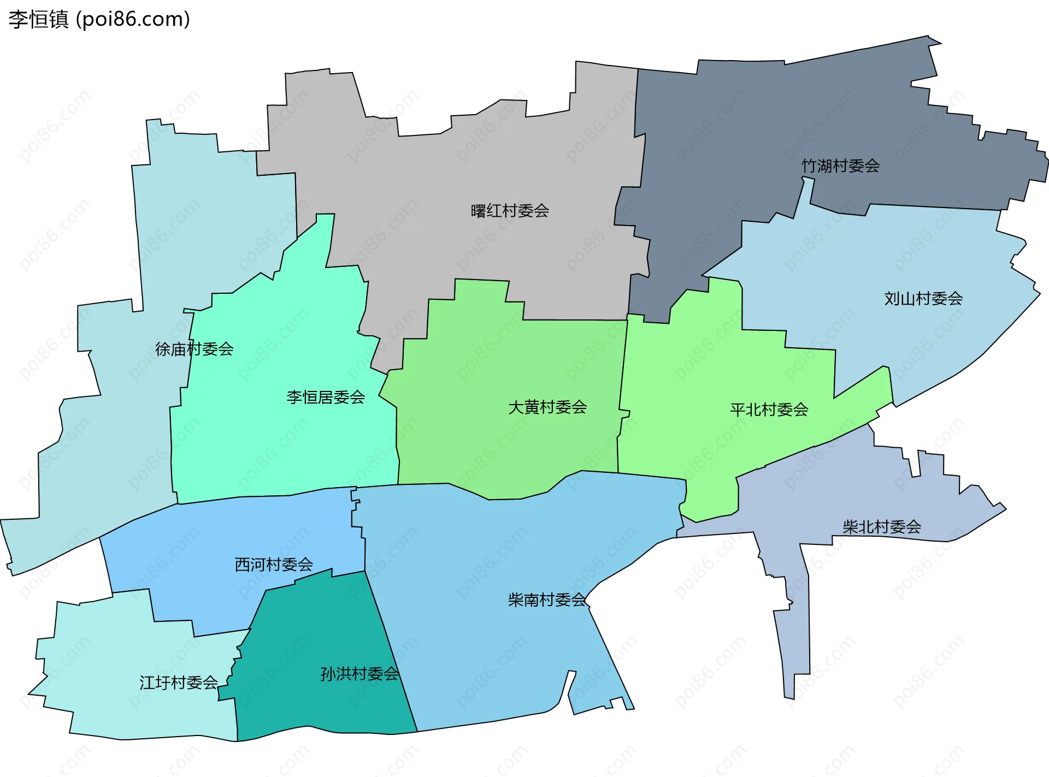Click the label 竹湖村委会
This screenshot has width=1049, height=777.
(x=840, y=166)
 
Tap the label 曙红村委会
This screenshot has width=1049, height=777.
(x=510, y=211)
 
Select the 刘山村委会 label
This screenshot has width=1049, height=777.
(x=923, y=299)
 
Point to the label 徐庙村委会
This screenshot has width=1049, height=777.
(x=194, y=349)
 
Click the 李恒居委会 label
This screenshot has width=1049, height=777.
(x=326, y=397)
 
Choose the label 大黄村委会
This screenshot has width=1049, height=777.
(x=547, y=407)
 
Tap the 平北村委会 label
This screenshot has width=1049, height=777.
(x=769, y=410)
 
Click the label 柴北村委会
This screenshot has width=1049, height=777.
(x=882, y=527)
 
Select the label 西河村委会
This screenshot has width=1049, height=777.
(x=274, y=565)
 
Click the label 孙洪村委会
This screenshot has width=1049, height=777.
(x=360, y=674)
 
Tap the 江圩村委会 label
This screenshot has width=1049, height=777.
(x=179, y=683)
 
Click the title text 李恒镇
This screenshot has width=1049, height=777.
(x=38, y=20)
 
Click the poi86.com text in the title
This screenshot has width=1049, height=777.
(x=133, y=20)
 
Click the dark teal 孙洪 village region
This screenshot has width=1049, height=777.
(x=317, y=628)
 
